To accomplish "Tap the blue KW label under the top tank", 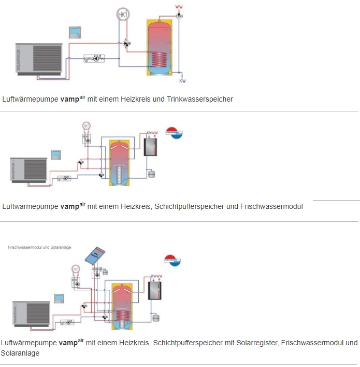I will (182, 81).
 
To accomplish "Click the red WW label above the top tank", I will (179, 7).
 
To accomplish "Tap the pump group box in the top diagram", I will (94, 59).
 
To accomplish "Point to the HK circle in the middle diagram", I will (86, 125).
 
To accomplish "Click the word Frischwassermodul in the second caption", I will (271, 206).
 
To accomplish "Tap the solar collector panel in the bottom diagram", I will (96, 255).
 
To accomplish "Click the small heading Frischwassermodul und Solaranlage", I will (36, 248).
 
